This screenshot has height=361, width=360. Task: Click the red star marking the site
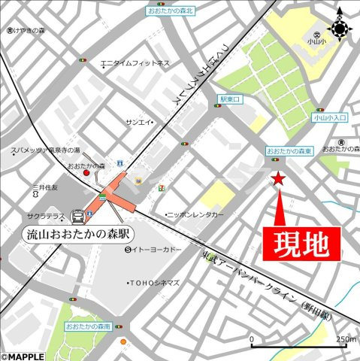point(277,178)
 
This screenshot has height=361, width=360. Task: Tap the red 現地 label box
point(302,243)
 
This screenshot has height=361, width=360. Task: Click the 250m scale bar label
point(346,339)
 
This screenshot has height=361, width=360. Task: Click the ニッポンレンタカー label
point(195,214)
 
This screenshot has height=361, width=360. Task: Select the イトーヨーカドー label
point(157,250)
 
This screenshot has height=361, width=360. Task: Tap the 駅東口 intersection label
point(230,99)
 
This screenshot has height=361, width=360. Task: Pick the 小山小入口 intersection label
point(330,118)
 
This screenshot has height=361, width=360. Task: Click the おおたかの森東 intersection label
point(289,152)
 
